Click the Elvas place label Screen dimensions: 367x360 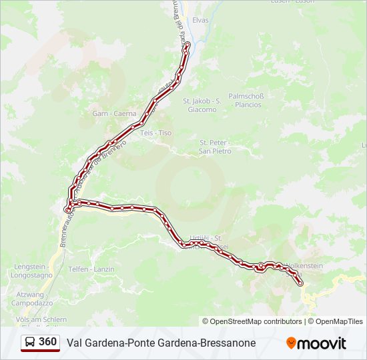click(200, 20)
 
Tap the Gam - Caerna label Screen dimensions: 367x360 click(114, 113)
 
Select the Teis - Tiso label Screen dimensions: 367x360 click(156, 133)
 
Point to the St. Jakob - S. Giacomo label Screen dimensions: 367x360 click(202, 105)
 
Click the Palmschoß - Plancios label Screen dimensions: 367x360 click(246, 100)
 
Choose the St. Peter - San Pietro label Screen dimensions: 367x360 click(215, 146)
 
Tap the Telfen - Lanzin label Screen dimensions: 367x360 click(91, 269)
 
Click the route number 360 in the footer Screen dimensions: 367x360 click(47, 342)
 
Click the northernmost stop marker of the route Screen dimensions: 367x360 click(187, 45)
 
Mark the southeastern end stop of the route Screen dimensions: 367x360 click(300, 283)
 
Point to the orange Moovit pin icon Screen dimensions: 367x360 click(291, 343)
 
